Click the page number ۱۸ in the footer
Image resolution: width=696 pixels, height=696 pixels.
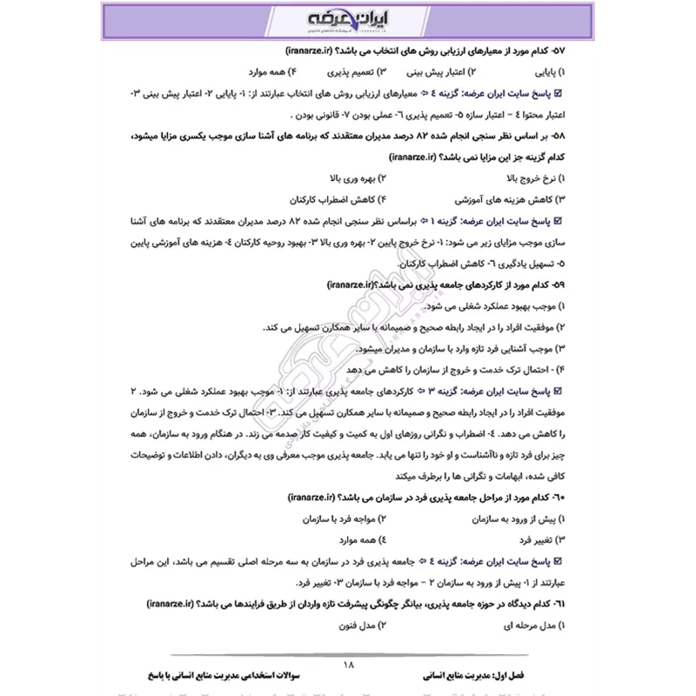click(349, 665)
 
